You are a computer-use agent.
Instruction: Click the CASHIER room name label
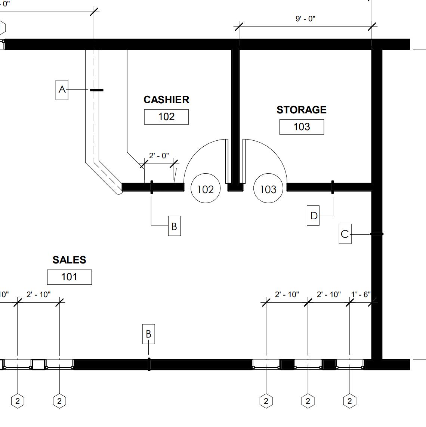[x=166, y=100]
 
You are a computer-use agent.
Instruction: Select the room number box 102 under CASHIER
[x=166, y=117]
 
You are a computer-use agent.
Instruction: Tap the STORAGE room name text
[x=301, y=110]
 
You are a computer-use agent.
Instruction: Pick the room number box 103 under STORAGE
[x=302, y=127]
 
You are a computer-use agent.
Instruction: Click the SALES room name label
[x=69, y=260]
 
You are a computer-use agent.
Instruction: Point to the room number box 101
[x=69, y=277]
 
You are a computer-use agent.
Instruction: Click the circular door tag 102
[x=205, y=189]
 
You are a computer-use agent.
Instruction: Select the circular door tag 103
[x=268, y=189]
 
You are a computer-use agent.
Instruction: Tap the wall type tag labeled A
[x=62, y=89]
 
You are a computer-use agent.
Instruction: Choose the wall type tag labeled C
[x=345, y=234]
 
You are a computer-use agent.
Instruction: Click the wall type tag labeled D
[x=313, y=216]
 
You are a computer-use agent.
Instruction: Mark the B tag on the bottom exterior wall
[x=148, y=334]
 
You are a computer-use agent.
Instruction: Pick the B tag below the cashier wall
[x=174, y=226]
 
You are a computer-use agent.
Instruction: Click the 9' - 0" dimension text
[x=305, y=19]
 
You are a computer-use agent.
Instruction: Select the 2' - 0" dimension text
[x=159, y=156]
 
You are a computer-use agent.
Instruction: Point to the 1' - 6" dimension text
[x=361, y=295]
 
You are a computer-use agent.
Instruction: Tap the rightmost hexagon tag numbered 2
[x=349, y=401]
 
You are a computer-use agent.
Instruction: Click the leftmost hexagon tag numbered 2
[x=18, y=401]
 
